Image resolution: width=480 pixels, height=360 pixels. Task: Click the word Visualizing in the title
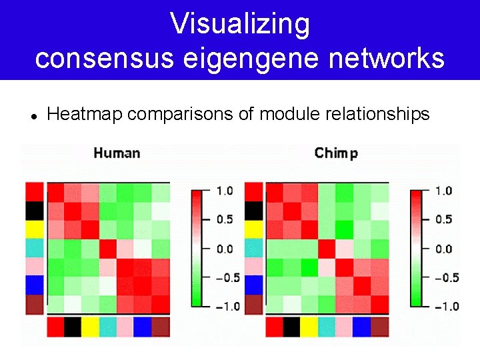pos(240,24)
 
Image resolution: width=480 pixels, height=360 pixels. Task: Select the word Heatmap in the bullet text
pos(85,115)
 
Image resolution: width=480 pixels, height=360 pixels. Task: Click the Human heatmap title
pos(117,153)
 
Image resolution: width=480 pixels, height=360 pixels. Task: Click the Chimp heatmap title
pos(336,153)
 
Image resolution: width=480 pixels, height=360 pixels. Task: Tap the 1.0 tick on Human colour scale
pos(225,191)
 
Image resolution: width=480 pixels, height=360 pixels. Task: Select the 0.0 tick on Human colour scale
pos(225,249)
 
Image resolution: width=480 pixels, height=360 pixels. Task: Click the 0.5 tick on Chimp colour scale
pos(443,219)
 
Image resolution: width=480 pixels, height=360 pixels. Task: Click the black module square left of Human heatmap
pos(35,211)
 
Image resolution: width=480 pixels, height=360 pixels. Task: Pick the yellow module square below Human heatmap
pos(91,327)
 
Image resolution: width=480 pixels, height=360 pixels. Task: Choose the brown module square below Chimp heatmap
pos(379,327)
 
